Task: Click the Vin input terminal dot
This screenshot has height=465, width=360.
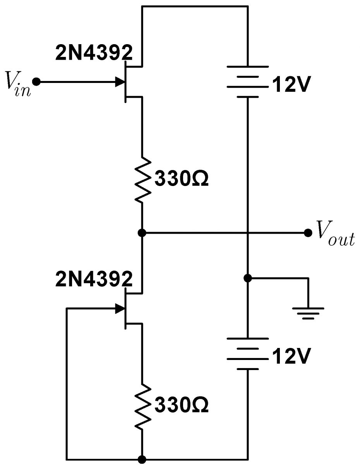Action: pyautogui.click(x=36, y=82)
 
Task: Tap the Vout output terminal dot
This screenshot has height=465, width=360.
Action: pyautogui.click(x=308, y=232)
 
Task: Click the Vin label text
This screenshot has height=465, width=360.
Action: pyautogui.click(x=18, y=84)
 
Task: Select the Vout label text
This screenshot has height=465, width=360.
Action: pyautogui.click(x=336, y=233)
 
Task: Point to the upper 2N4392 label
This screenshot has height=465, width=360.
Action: pyautogui.click(x=94, y=53)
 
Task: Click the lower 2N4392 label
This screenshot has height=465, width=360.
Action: pyautogui.click(x=94, y=279)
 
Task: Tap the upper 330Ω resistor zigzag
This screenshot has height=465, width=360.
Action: pyautogui.click(x=143, y=180)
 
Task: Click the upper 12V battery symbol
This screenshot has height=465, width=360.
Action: pyautogui.click(x=248, y=82)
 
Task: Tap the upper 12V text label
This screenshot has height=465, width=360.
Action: pyautogui.click(x=291, y=85)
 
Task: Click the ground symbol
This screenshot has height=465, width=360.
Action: pyautogui.click(x=308, y=313)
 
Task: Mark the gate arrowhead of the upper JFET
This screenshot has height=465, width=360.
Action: pyautogui.click(x=120, y=82)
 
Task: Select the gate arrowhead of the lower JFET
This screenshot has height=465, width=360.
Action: pyautogui.click(x=120, y=308)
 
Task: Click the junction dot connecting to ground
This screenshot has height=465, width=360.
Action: pyautogui.click(x=248, y=278)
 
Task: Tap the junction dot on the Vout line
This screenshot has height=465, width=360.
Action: pyautogui.click(x=142, y=232)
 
